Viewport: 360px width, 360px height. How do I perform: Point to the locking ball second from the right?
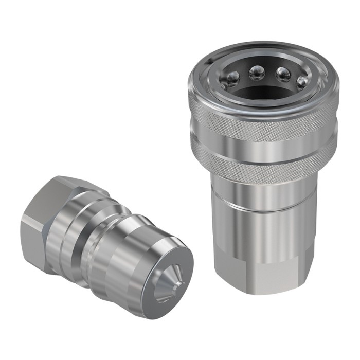click(x=283, y=75)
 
